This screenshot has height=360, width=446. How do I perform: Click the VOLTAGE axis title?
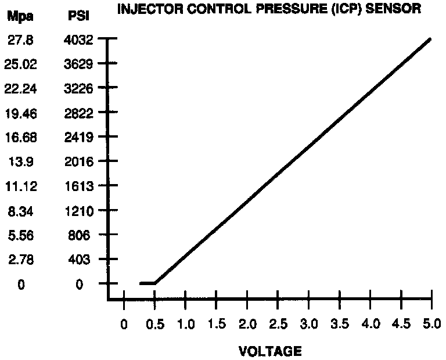[270, 351]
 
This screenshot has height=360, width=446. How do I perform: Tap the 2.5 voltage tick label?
[278, 324]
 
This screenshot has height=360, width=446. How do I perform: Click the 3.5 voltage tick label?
[339, 324]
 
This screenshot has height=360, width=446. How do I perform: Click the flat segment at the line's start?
[148, 283]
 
